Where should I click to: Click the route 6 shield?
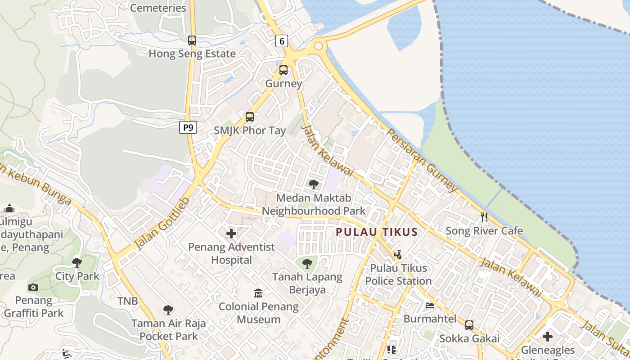[x=282, y=41]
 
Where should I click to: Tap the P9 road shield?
[x=188, y=128]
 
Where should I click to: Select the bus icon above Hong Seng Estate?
[x=192, y=40]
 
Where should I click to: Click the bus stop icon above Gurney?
[x=283, y=70]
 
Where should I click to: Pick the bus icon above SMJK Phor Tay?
[x=250, y=117]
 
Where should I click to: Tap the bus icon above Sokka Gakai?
[x=469, y=325]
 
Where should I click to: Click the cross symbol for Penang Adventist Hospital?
[x=231, y=234]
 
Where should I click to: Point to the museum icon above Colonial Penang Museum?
[x=258, y=293]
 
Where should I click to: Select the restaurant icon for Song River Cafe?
[x=484, y=217]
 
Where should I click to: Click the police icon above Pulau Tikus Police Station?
[x=398, y=255]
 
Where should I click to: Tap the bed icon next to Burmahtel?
[x=430, y=306]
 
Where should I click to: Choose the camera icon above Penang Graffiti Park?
[x=33, y=287]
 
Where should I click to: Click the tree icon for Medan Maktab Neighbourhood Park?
[x=314, y=184]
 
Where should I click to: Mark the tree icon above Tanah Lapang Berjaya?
[x=307, y=263]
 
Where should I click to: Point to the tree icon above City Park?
[x=77, y=262]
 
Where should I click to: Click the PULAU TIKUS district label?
[x=377, y=232]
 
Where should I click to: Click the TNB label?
[x=128, y=301]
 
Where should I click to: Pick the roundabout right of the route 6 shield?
[x=319, y=45]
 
